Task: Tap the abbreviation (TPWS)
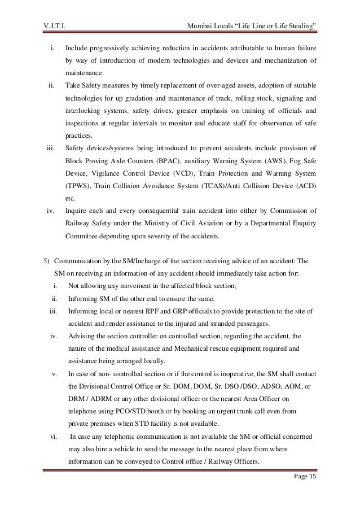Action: click(x=78, y=187)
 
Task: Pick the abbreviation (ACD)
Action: click(x=304, y=187)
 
